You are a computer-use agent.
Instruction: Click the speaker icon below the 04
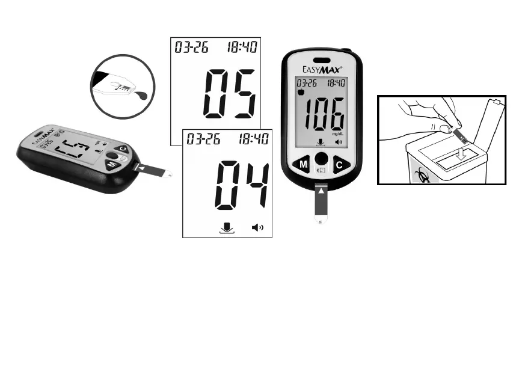click(x=258, y=228)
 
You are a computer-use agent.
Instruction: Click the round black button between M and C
click(x=322, y=159)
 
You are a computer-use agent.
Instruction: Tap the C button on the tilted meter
click(x=123, y=149)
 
